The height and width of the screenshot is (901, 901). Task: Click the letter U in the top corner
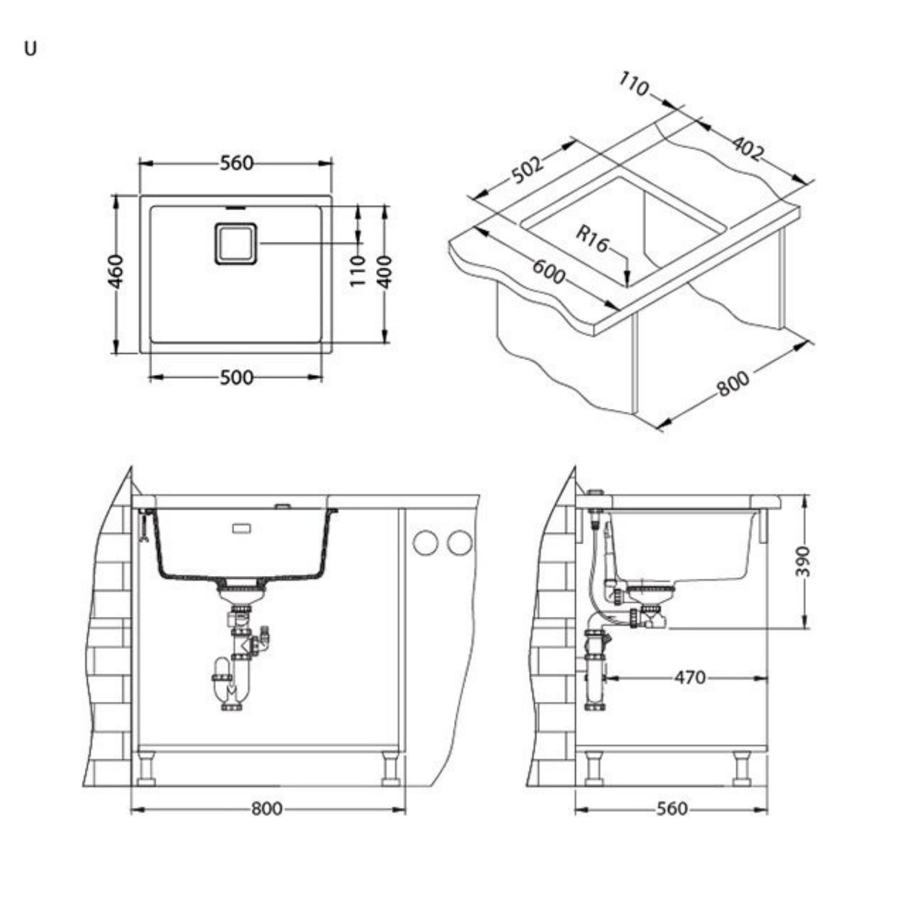click(30, 50)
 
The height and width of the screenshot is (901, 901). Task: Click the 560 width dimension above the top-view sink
click(236, 163)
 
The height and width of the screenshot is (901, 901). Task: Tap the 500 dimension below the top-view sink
click(236, 378)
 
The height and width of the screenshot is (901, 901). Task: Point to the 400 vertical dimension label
click(383, 272)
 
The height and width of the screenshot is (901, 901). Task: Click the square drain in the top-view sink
click(236, 243)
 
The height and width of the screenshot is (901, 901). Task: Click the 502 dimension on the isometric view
click(528, 171)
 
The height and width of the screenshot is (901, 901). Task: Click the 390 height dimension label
click(805, 561)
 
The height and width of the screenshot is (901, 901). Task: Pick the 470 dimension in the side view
click(689, 678)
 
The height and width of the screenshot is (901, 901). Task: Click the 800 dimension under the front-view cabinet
click(266, 809)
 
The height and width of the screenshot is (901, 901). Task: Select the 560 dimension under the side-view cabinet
click(672, 809)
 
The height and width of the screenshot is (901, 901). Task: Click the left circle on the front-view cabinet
click(426, 543)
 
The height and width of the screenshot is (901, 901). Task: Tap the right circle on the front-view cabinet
click(459, 543)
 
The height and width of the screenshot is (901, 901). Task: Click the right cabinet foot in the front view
click(390, 768)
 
